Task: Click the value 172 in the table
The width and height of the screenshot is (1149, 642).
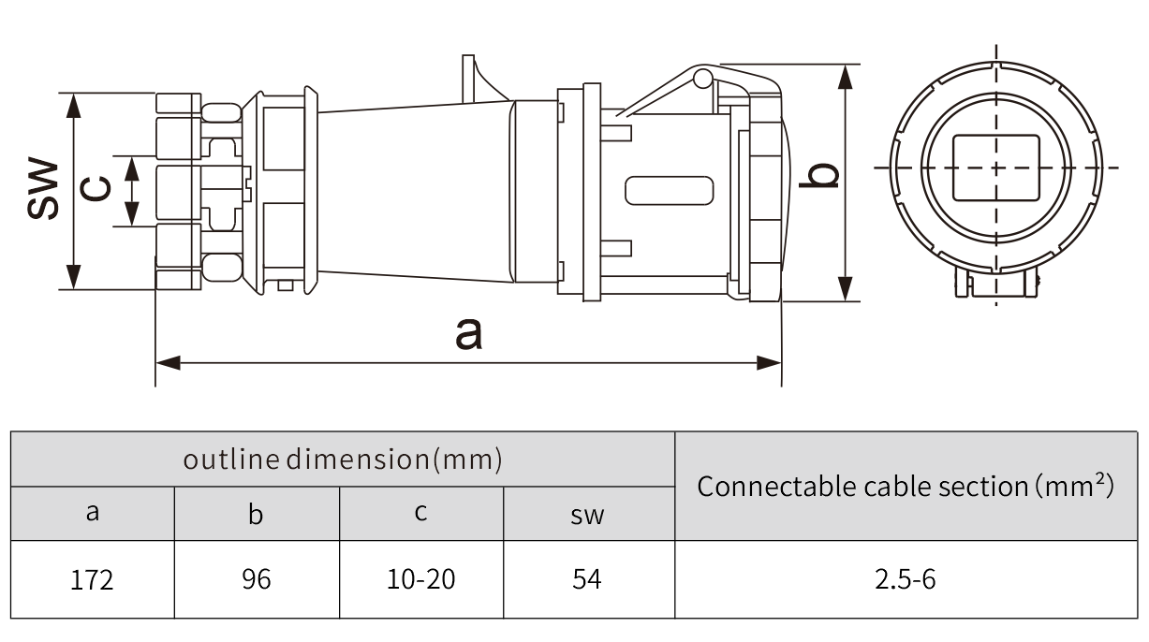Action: (92, 580)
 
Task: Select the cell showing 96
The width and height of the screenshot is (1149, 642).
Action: (256, 580)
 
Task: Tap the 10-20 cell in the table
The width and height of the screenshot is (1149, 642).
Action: (420, 580)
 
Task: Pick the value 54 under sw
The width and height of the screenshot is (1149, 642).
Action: (587, 580)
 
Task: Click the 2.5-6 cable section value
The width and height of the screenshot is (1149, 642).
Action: (905, 580)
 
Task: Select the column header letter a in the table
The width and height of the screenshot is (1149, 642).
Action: (92, 513)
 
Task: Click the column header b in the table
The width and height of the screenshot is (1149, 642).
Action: (256, 514)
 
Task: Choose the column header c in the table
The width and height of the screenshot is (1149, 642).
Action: (420, 513)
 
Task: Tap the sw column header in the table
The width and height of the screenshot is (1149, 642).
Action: (587, 514)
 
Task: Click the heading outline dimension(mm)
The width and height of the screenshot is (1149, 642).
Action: (343, 460)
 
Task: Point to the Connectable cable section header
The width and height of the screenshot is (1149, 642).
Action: (905, 486)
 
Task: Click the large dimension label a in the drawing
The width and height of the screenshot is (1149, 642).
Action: (468, 332)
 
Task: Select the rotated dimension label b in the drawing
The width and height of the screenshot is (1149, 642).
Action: (821, 174)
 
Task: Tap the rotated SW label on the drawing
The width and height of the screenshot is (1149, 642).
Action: (42, 190)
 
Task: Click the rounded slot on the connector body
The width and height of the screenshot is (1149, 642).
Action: (668, 190)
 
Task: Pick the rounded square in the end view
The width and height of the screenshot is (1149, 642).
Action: (995, 168)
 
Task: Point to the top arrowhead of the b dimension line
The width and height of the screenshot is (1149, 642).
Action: (846, 76)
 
